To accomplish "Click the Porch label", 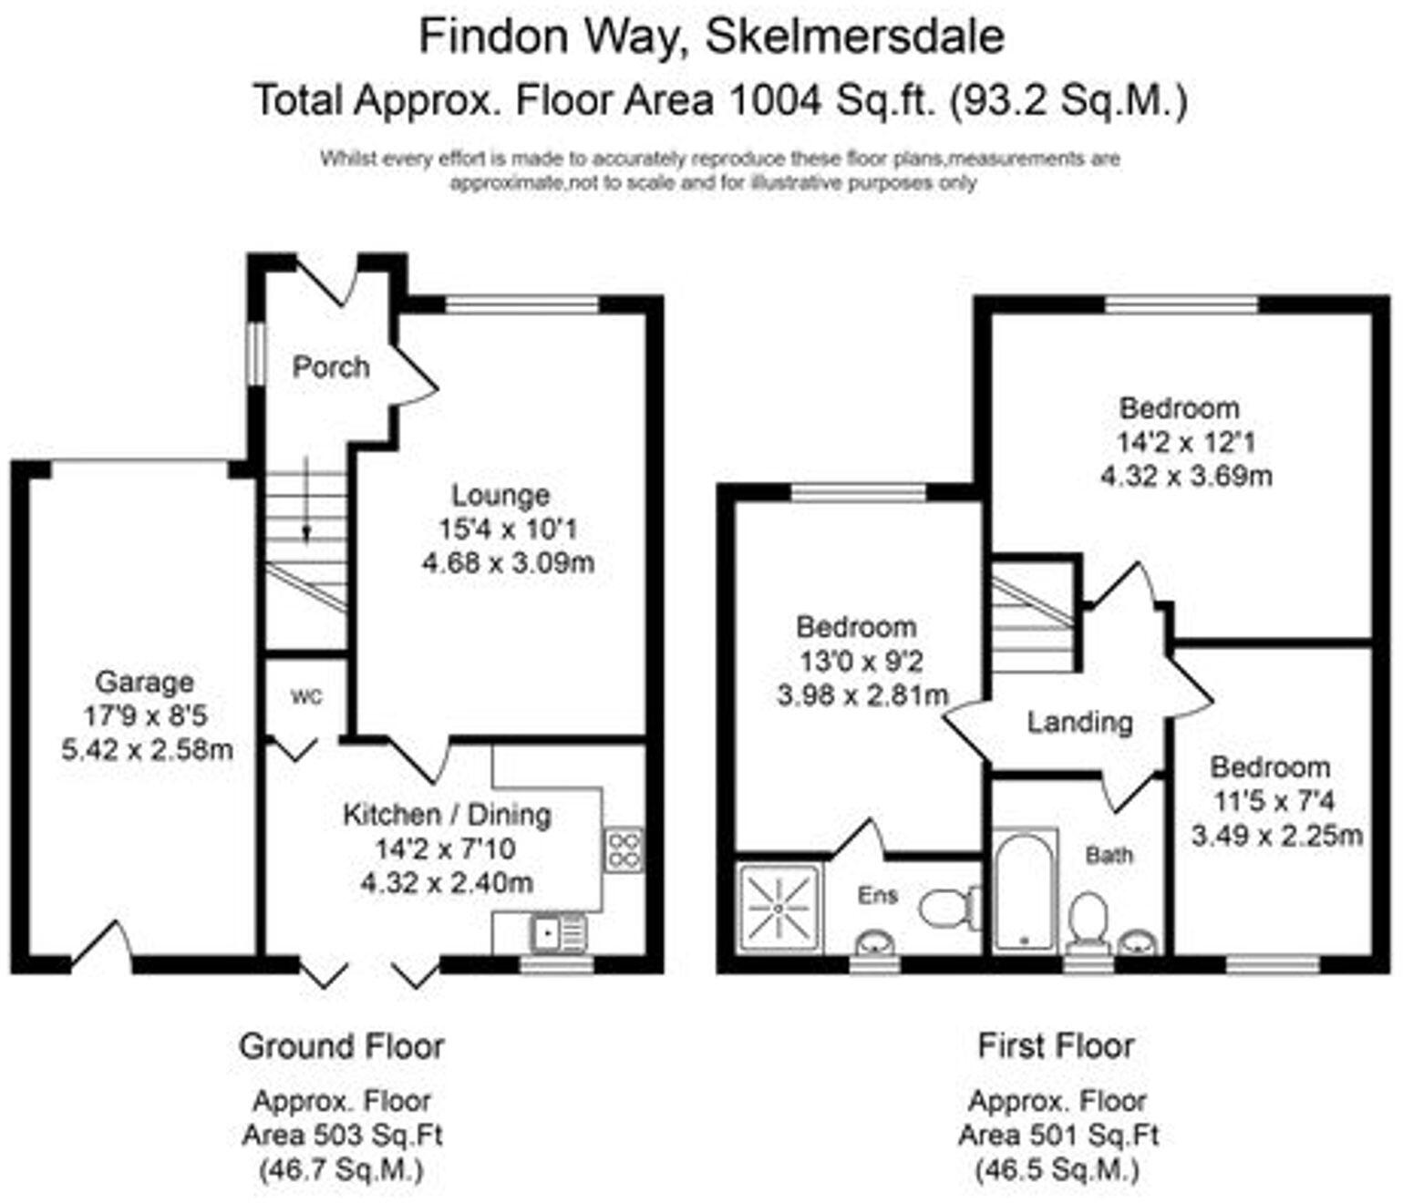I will click(330, 366).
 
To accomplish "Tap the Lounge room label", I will click(500, 495).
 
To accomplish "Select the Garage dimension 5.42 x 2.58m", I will click(146, 750).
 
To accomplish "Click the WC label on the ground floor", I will click(306, 697).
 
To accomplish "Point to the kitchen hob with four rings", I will click(624, 848).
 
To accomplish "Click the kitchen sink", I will click(558, 932).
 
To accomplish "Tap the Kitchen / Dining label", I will click(447, 814).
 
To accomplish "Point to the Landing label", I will click(1079, 723).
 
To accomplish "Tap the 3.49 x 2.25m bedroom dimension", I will click(1277, 835).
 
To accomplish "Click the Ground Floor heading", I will click(342, 1046).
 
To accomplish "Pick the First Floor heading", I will click(1056, 1045).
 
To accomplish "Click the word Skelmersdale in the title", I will click(855, 36).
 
